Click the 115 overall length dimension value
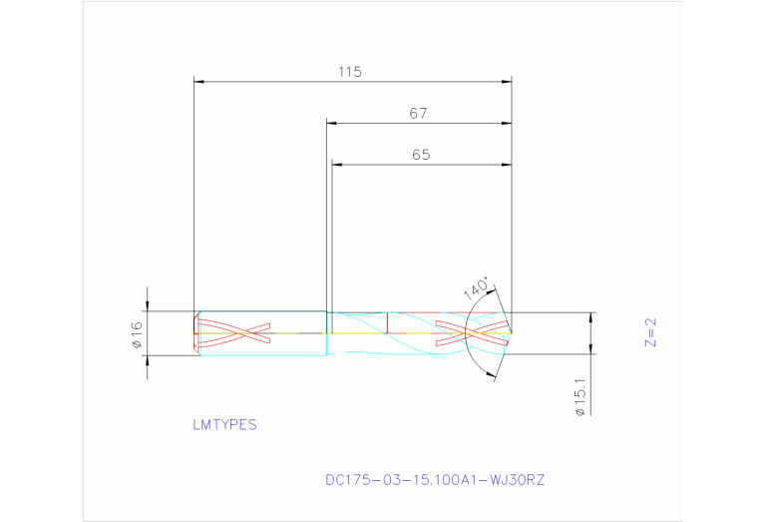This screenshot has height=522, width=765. tap(349, 72)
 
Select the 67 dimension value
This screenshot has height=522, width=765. tap(418, 114)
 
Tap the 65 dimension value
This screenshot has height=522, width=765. tap(420, 155)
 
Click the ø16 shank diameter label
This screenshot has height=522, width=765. tap(138, 335)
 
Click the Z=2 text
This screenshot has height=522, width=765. tap(650, 331)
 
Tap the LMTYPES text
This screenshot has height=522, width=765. tap(224, 424)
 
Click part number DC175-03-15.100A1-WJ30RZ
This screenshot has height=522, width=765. tap(435, 480)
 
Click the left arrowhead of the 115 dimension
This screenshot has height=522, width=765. tap(198, 82)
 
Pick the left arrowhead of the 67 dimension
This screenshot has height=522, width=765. tap(332, 123)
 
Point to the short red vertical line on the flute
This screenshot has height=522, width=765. tap(387, 321)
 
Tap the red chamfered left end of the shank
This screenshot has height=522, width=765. tap(195, 333)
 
